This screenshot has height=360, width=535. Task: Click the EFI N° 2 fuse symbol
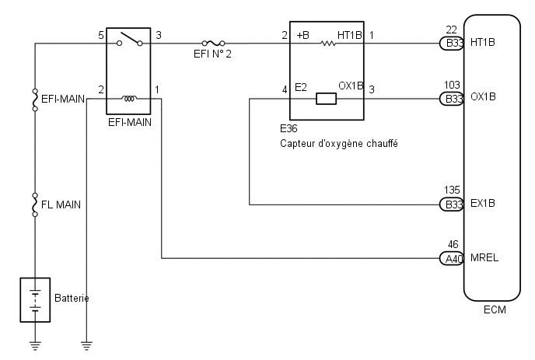(x=213, y=44)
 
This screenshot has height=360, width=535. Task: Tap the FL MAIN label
(x=61, y=204)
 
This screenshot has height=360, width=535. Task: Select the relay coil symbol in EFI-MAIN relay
(x=129, y=99)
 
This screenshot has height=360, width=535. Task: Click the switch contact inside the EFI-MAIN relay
(x=130, y=39)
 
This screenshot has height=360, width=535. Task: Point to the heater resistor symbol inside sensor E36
(x=328, y=44)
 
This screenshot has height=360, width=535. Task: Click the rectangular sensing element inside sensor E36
(x=326, y=99)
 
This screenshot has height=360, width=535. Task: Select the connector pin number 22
(x=451, y=30)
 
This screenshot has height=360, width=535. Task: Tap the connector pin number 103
(x=452, y=85)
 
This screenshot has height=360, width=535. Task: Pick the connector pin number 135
(x=452, y=190)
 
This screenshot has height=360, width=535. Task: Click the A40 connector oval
(x=451, y=258)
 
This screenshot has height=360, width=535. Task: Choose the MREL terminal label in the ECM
(x=484, y=257)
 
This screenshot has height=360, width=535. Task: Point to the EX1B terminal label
(x=483, y=204)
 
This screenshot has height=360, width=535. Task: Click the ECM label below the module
(x=495, y=309)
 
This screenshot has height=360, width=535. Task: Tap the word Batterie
(x=72, y=299)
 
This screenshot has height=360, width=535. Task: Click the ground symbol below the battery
(x=35, y=345)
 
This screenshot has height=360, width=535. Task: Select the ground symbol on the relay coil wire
(x=86, y=345)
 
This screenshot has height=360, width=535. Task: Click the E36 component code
(x=288, y=128)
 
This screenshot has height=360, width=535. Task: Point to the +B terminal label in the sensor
(x=303, y=35)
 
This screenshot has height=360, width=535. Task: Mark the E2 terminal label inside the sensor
(x=301, y=88)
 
